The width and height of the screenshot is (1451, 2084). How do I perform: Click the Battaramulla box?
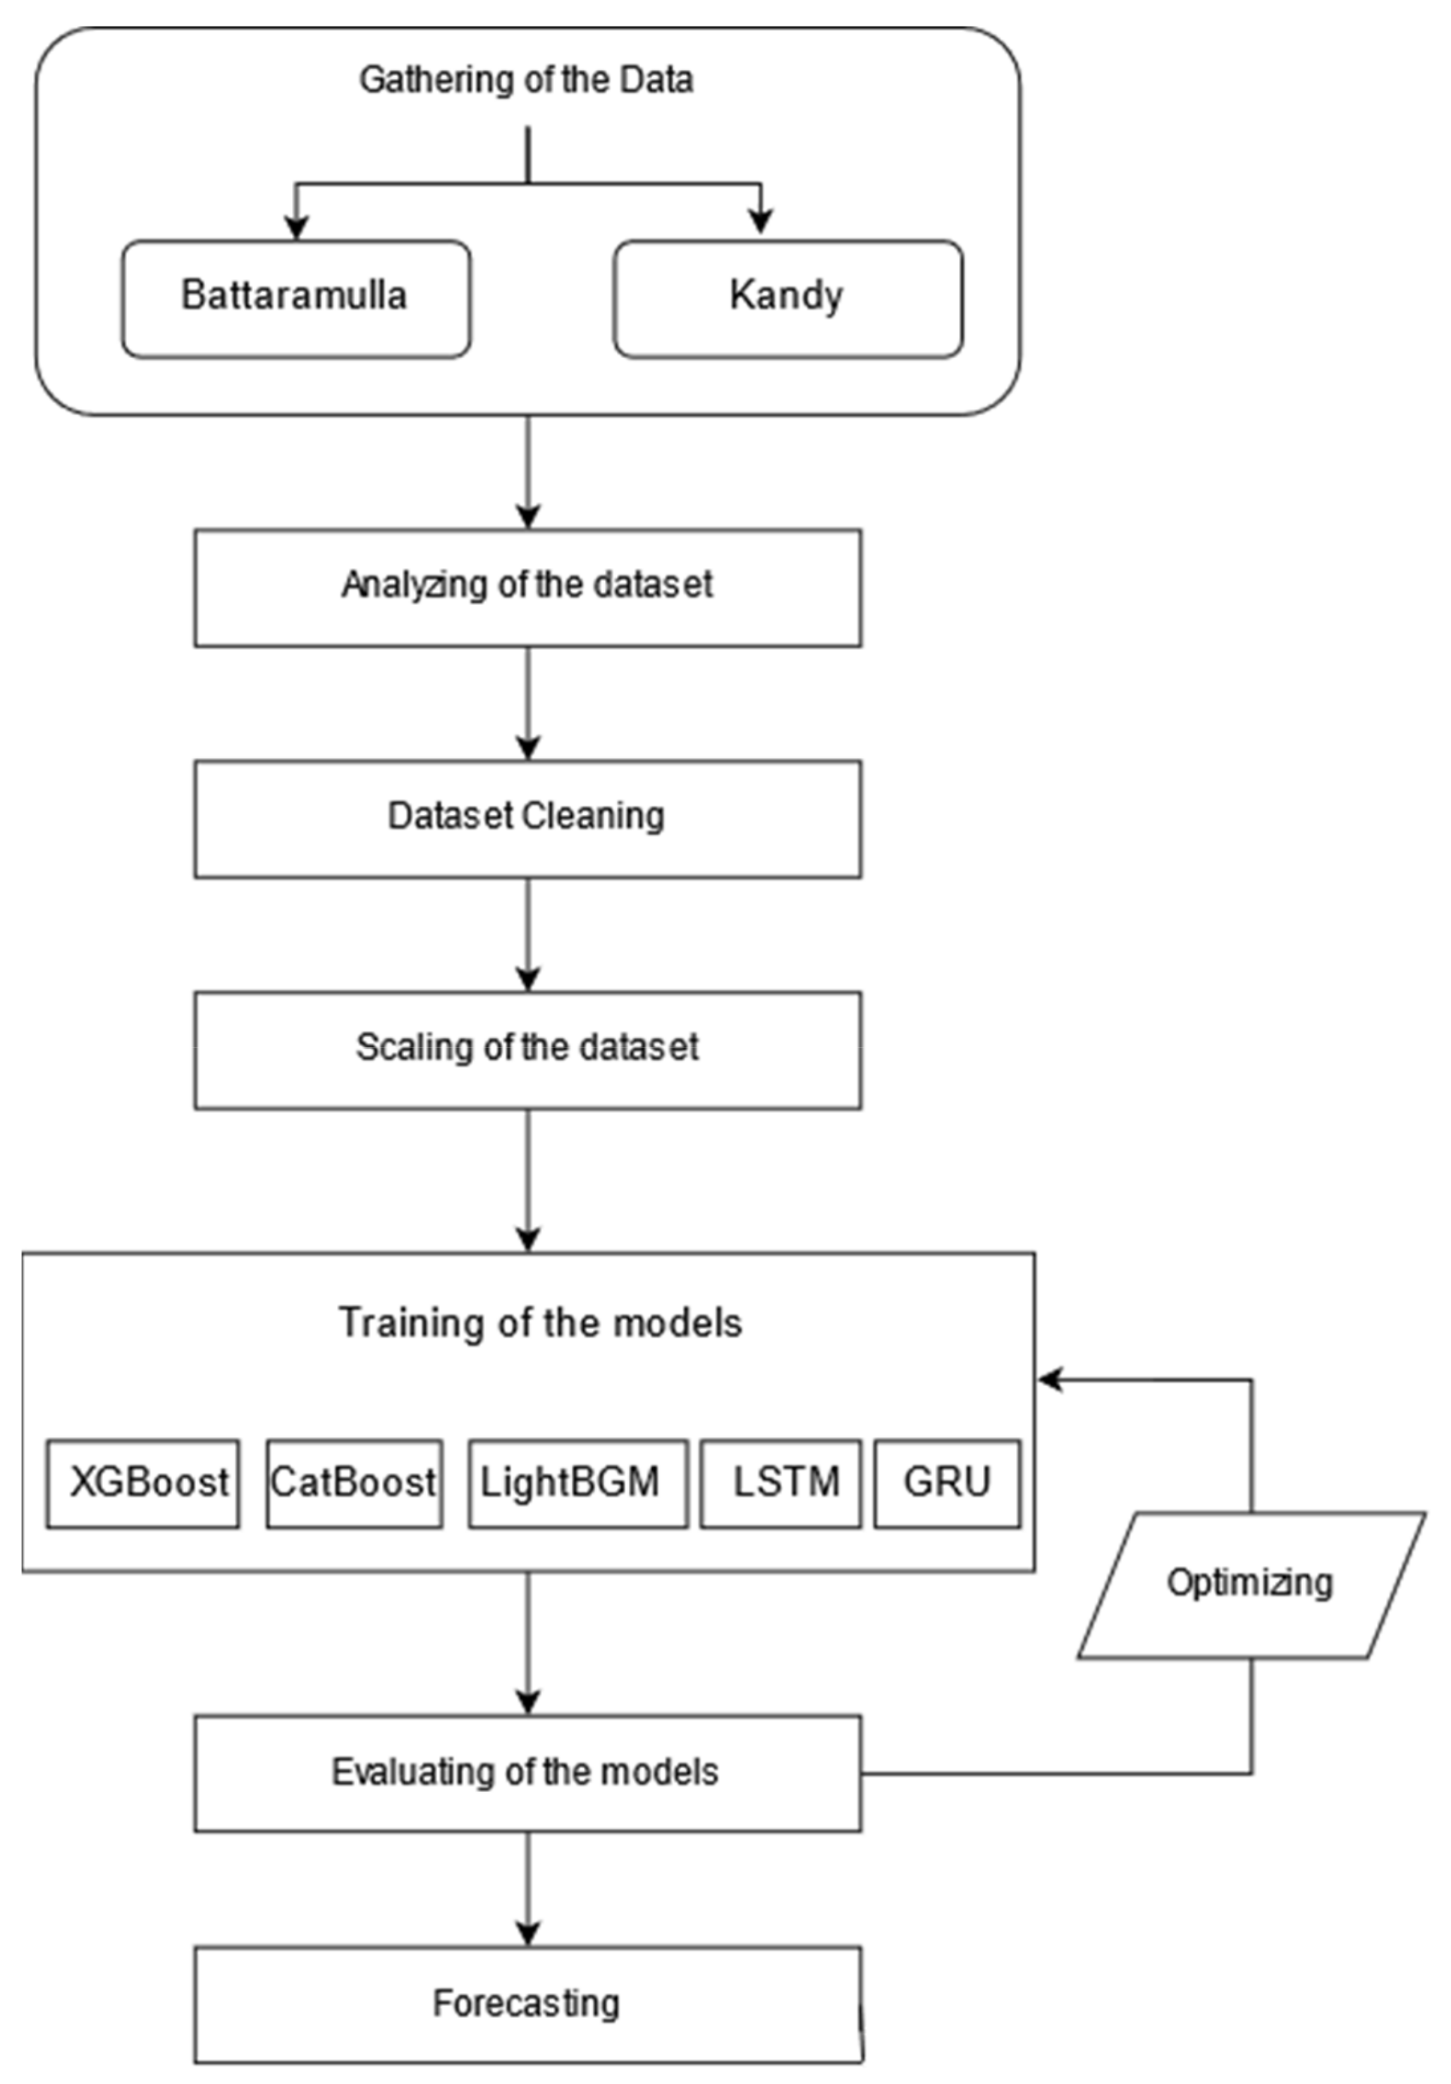click(296, 299)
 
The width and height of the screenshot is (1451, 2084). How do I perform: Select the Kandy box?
click(787, 299)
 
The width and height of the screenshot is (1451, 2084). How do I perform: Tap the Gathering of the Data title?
click(526, 80)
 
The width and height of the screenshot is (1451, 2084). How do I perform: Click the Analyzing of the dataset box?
click(527, 588)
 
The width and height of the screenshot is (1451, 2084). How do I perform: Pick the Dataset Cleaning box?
click(527, 819)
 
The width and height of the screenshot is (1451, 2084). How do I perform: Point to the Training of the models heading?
click(541, 1323)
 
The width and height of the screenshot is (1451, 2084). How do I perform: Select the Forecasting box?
click(527, 2003)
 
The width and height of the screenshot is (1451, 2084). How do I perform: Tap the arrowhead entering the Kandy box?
click(761, 221)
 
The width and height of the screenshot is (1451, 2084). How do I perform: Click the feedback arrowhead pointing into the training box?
click(1050, 1380)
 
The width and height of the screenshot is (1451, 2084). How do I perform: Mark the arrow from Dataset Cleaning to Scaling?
click(528, 935)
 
